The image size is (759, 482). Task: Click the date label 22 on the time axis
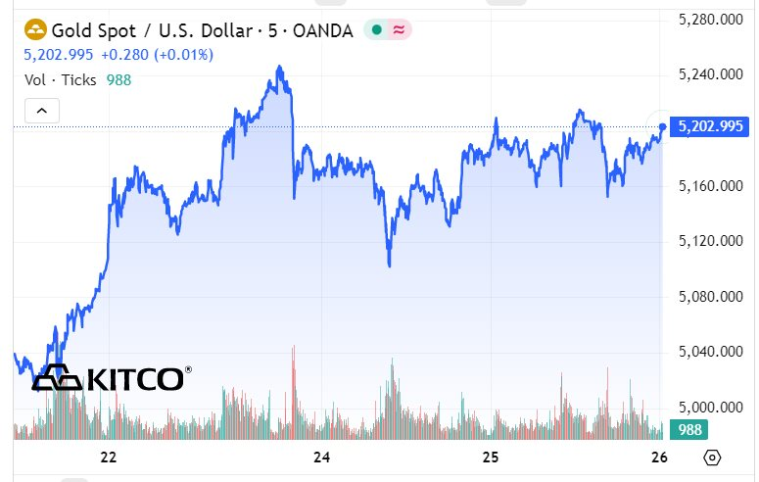point(109,457)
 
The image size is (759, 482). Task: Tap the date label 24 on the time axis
point(321,457)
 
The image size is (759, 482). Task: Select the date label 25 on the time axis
point(492,457)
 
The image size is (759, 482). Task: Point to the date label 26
point(659,457)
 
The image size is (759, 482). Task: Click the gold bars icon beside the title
point(35,29)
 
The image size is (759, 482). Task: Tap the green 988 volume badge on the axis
point(689,429)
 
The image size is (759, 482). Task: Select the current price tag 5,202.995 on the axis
point(713,126)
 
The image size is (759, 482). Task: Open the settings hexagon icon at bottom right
point(712,457)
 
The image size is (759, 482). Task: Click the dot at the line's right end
point(664,125)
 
